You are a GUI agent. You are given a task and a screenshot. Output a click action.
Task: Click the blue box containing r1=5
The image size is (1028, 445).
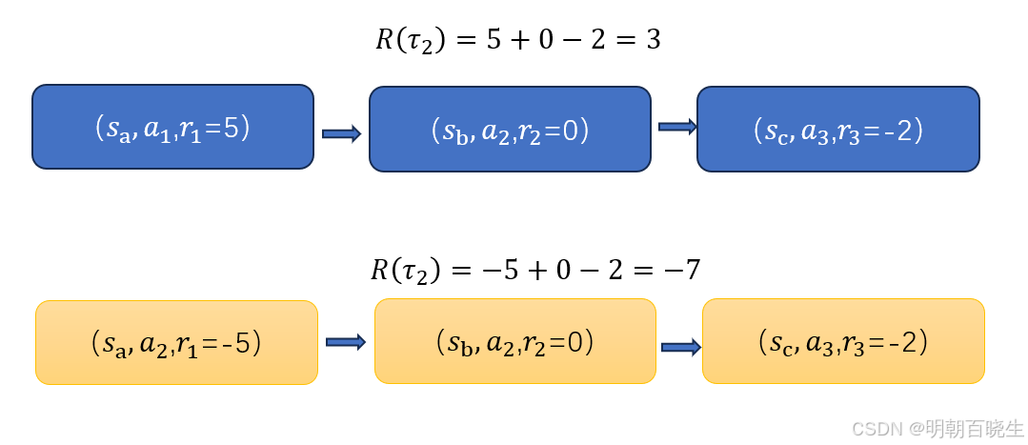(172, 127)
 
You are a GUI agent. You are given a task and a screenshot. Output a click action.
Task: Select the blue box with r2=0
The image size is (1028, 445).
(510, 130)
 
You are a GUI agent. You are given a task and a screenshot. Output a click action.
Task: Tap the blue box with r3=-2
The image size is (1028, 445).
(837, 130)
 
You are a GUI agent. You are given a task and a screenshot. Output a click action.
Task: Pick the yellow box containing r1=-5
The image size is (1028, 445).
(176, 342)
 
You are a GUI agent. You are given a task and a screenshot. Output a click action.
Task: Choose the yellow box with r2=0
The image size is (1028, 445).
(514, 340)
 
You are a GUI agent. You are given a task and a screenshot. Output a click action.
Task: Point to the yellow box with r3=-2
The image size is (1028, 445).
(843, 340)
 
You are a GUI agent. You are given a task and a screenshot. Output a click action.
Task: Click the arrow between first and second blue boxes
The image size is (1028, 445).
(341, 134)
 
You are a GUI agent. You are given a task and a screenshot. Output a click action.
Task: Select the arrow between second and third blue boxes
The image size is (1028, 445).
(677, 127)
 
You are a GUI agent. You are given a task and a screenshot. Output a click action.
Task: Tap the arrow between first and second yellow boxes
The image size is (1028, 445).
(346, 341)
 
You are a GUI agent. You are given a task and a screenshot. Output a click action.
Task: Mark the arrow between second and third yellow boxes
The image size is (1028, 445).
(681, 347)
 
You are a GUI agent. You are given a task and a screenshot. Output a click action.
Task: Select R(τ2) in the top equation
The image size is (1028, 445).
(410, 41)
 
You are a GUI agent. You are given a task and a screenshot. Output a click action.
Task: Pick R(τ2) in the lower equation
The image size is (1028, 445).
(405, 272)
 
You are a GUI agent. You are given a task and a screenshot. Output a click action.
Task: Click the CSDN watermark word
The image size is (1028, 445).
(875, 429)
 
